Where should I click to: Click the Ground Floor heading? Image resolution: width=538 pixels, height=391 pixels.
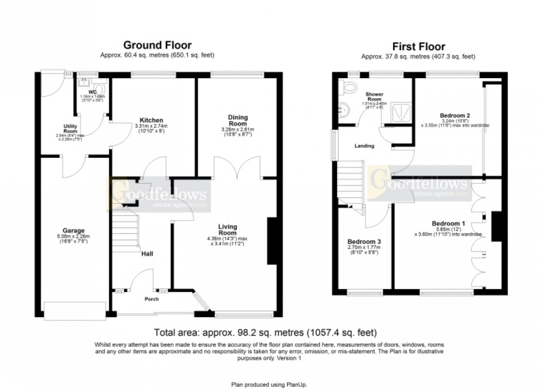(157, 45)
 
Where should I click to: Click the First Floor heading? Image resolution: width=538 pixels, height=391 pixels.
(418, 47)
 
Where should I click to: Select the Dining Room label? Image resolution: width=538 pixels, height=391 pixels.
(238, 120)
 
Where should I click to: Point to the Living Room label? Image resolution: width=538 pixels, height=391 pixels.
(228, 230)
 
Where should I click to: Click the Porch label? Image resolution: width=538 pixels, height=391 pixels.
(152, 299)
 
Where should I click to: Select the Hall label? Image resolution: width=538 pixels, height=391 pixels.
(147, 254)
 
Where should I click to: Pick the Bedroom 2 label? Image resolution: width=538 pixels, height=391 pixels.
(454, 115)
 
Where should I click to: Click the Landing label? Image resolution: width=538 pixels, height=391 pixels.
(364, 146)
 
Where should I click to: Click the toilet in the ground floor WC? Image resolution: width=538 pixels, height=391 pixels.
(100, 85)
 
